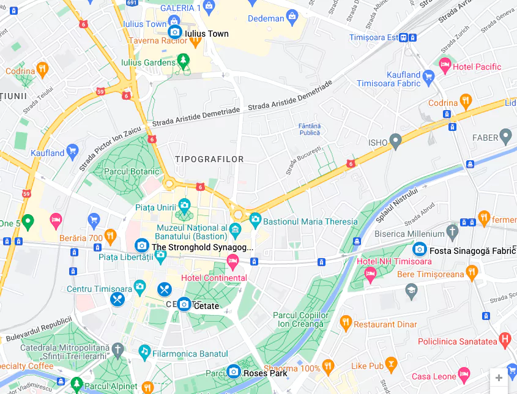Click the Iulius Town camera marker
click(x=175, y=32)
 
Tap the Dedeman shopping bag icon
click(x=292, y=15)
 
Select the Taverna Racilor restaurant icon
click(x=195, y=42)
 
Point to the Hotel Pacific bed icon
click(x=445, y=64)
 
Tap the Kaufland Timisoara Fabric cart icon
click(x=428, y=76)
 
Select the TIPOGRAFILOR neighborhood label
click(x=209, y=159)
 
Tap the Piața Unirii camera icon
click(x=184, y=205)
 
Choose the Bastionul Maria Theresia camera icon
click(x=255, y=219)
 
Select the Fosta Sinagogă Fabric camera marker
click(x=419, y=249)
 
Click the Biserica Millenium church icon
click(x=452, y=232)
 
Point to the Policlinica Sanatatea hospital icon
click(x=504, y=339)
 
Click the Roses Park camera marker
click(x=233, y=371)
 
